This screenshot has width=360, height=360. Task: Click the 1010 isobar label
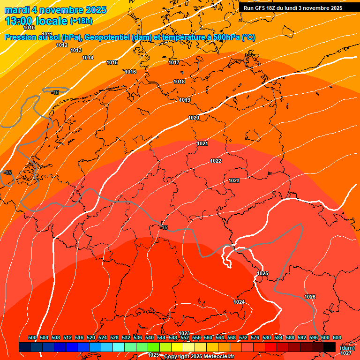(29, 28)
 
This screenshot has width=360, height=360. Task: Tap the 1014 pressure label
(88, 58)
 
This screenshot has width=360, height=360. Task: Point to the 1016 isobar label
(130, 72)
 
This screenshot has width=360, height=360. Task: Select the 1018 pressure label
(179, 82)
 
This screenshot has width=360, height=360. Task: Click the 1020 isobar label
(194, 118)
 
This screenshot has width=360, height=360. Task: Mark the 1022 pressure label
(216, 161)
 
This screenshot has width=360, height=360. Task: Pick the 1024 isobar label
(239, 302)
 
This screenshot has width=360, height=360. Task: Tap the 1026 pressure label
(310, 297)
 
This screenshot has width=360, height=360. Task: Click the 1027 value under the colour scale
(346, 353)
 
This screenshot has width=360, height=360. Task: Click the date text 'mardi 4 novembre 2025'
(55, 10)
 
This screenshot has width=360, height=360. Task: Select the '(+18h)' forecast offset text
(81, 21)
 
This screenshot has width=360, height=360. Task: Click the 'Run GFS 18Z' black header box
(293, 8)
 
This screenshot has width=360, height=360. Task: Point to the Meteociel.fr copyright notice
(199, 357)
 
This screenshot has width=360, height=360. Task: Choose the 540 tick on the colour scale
(150, 337)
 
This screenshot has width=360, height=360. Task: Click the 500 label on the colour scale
(32, 337)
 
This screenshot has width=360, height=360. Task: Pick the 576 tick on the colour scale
(255, 337)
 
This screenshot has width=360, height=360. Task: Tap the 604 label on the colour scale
(337, 337)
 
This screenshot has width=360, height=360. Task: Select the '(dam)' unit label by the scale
(347, 348)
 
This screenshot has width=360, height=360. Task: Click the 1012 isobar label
(62, 45)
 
